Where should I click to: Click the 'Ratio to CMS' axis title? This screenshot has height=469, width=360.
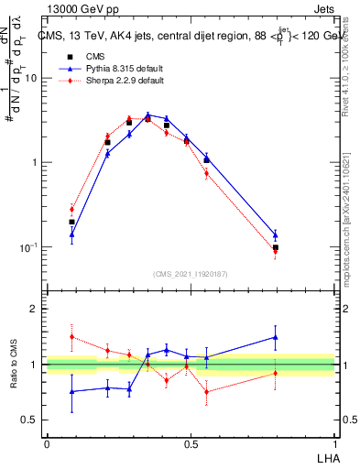click(x=14, y=365)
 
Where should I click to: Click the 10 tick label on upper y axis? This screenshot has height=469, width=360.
click(x=31, y=78)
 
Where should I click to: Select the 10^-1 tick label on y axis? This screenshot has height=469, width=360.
click(x=29, y=247)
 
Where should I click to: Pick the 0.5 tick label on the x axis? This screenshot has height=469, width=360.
click(x=190, y=442)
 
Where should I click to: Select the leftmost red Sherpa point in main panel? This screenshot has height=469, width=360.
click(x=72, y=209)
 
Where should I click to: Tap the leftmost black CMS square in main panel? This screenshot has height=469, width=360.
click(x=72, y=222)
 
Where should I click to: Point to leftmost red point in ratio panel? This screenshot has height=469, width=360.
click(x=72, y=336)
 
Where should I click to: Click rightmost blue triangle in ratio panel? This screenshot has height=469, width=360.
click(x=275, y=337)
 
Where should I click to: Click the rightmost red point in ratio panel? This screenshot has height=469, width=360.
click(x=275, y=372)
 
